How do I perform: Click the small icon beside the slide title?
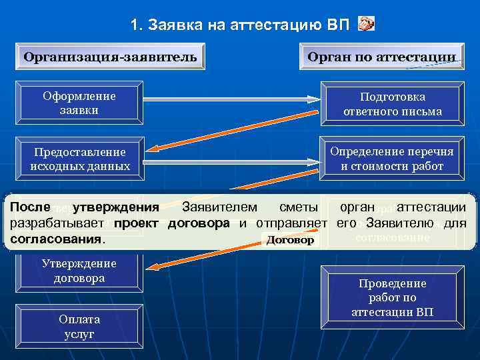[366, 25]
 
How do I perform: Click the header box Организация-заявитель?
[110, 56]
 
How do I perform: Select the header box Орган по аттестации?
[382, 56]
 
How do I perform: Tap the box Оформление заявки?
[79, 103]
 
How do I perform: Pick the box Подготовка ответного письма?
[392, 104]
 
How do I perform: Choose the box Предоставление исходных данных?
[79, 159]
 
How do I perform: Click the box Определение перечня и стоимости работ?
[392, 159]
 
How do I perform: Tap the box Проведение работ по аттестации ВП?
[392, 297]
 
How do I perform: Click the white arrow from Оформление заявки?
[230, 99]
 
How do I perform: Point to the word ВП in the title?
[338, 25]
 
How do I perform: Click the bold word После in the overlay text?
[31, 207]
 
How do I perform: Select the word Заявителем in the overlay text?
[222, 207]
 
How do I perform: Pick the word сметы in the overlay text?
[298, 207]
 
